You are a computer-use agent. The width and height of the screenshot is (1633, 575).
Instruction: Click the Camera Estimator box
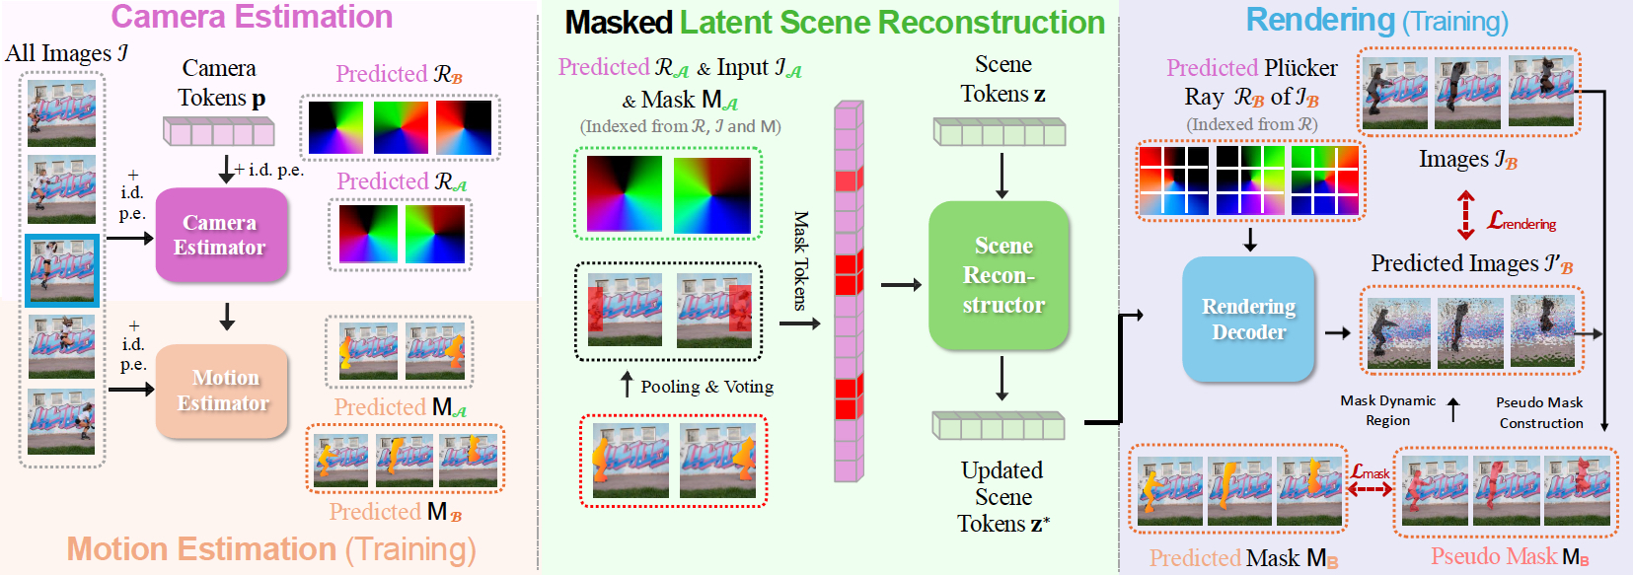click(x=221, y=235)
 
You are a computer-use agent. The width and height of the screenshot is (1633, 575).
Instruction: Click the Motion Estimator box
click(x=222, y=391)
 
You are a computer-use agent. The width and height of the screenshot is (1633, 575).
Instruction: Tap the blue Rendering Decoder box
click(x=1248, y=319)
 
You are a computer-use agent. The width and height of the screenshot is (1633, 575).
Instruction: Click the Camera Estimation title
click(x=252, y=17)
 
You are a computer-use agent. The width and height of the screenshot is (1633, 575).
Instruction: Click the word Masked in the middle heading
click(x=619, y=23)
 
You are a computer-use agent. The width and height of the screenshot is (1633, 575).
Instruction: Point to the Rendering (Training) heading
click(x=1376, y=20)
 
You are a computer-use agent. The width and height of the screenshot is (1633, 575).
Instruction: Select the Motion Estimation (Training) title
click(x=271, y=549)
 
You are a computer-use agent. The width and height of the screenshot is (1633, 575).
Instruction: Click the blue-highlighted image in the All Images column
click(x=61, y=270)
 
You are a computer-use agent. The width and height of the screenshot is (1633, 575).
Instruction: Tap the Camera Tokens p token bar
click(x=218, y=132)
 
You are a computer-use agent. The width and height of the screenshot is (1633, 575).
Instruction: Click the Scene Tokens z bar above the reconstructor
click(x=1000, y=132)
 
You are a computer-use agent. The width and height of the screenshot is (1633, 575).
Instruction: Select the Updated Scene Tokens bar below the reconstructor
click(x=999, y=426)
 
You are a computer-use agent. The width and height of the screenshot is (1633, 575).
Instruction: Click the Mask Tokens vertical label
click(x=800, y=260)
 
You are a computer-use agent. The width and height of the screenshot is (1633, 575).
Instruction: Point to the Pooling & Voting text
click(x=706, y=387)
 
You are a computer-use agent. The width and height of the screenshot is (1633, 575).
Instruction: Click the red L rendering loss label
click(x=1521, y=222)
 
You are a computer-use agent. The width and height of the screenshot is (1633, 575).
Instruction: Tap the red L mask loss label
click(x=1370, y=472)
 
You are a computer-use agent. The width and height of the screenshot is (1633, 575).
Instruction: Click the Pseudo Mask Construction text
click(x=1539, y=412)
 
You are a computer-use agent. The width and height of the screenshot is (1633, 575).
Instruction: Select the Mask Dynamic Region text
click(x=1387, y=410)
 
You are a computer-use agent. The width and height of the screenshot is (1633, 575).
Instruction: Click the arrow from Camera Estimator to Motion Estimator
click(x=227, y=317)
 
